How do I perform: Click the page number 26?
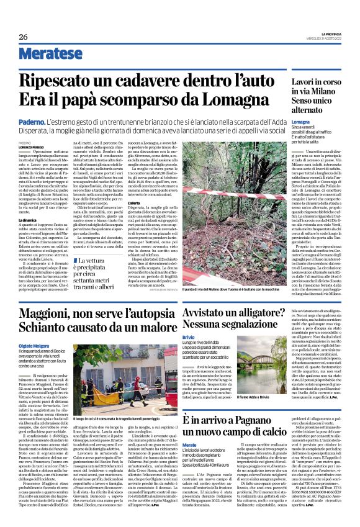23,38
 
